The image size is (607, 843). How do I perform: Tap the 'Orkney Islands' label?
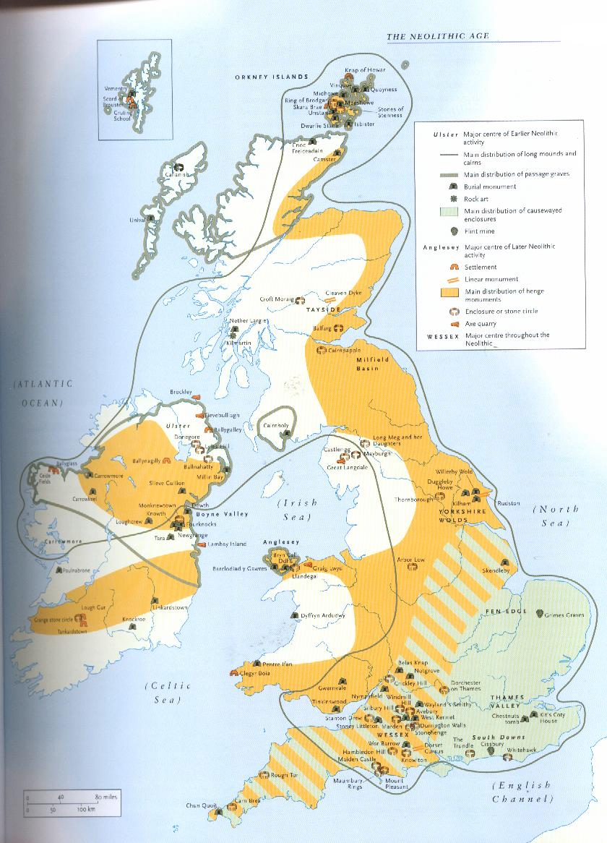271,77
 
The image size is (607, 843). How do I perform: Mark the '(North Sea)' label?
556,515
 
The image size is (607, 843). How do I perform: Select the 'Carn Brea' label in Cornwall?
252,800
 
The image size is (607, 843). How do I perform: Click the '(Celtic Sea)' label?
165,692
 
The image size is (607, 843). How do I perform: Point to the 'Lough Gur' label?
94,607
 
